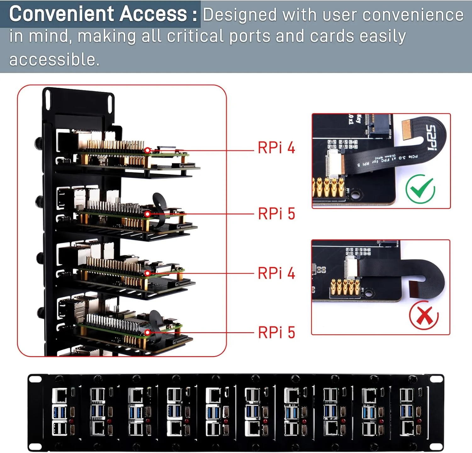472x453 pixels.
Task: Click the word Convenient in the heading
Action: point(62,14)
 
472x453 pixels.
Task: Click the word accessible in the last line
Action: point(54,60)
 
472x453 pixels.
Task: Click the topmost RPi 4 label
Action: point(276,148)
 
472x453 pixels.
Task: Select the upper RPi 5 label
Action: point(276,214)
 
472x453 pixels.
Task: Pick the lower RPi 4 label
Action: point(276,273)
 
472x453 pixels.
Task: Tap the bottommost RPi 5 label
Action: point(276,333)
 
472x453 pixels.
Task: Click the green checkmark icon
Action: point(420,189)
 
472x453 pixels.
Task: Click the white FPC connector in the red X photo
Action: point(351,267)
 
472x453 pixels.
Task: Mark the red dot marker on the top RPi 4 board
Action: point(147,150)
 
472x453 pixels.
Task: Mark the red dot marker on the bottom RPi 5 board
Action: point(148,332)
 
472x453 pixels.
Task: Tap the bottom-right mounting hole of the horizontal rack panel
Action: point(436,446)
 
